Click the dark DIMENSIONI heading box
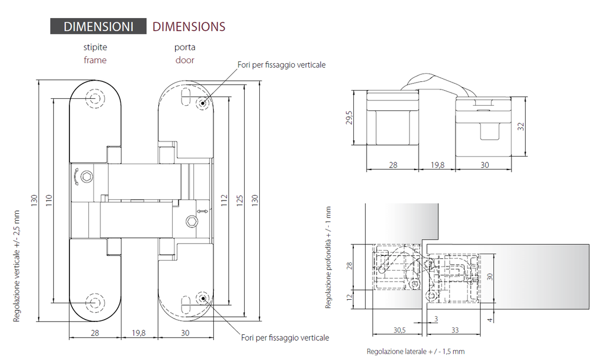tap(98, 26)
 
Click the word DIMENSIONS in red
tap(189, 26)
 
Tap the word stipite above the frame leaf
tap(95, 47)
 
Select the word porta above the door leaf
tap(185, 47)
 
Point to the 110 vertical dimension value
tap(49, 200)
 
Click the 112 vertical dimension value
tap(224, 200)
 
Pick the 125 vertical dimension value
tap(239, 200)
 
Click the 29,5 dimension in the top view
tap(349, 117)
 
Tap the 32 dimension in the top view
tap(521, 126)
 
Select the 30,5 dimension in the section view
tap(399, 330)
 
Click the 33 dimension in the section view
tap(455, 330)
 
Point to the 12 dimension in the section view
tap(349, 296)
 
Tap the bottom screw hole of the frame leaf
tap(95, 302)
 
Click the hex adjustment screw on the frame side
tap(88, 176)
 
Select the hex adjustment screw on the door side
tap(191, 221)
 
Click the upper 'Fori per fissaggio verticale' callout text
tap(281, 65)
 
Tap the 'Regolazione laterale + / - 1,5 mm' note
tap(416, 351)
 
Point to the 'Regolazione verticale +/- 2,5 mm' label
tap(16, 266)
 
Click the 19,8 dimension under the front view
tap(139, 333)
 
